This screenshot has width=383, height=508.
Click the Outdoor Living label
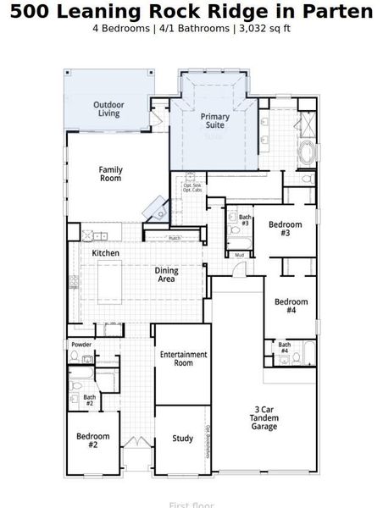point(108,108)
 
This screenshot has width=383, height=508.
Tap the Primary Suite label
point(214,121)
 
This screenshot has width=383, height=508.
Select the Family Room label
point(110,174)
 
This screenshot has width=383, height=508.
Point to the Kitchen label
point(105,253)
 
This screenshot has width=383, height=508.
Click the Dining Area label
point(166,275)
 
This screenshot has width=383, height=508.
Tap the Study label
point(182,439)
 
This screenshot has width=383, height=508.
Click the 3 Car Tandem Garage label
point(264,418)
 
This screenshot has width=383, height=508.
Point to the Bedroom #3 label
point(280,229)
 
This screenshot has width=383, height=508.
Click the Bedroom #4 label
point(291,306)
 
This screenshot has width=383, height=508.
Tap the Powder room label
point(82,345)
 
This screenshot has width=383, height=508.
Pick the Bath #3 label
point(244,220)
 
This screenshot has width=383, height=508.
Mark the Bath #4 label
point(284,347)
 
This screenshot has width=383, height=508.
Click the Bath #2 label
point(89,400)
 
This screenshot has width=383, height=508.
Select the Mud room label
point(239,254)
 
